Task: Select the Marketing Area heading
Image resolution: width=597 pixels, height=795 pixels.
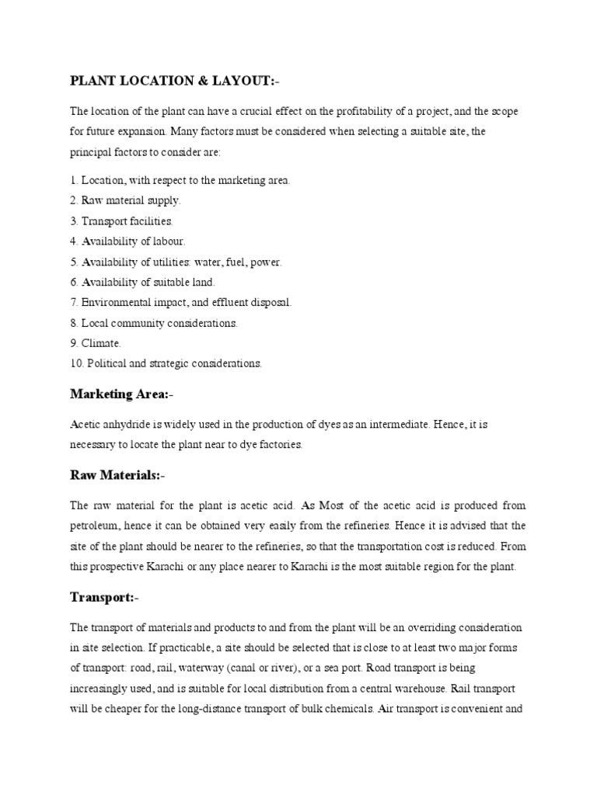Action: click(x=119, y=394)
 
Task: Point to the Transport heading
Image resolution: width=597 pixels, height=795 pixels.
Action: click(x=103, y=597)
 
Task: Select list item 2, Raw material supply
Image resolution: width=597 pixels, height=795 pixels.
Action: click(x=125, y=200)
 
